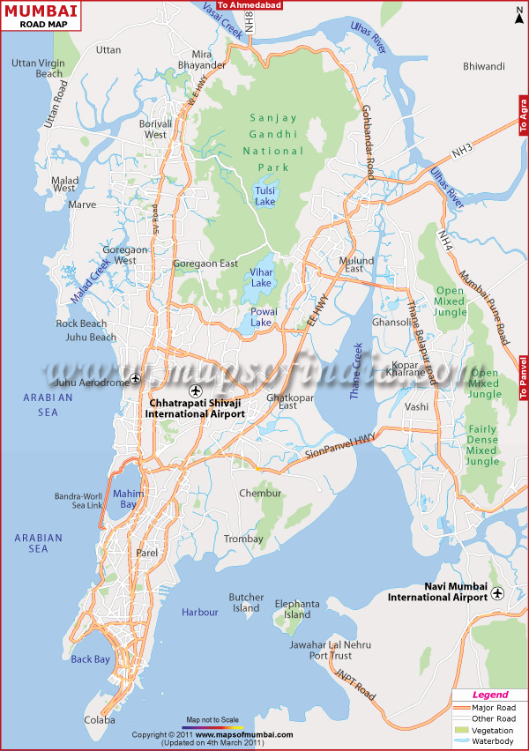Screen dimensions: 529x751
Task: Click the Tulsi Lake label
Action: click(264, 196)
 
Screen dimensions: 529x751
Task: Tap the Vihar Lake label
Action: click(262, 278)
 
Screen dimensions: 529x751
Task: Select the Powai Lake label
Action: click(262, 317)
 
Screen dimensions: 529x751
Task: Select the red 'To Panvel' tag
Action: click(523, 378)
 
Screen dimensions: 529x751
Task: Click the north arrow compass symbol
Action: click(517, 13)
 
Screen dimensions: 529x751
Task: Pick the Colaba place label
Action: click(100, 720)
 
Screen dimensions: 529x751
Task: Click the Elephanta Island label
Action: click(291, 609)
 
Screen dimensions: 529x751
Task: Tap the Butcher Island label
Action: click(246, 602)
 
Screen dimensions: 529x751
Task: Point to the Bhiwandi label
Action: click(484, 66)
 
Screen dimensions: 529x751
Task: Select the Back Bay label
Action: click(91, 659)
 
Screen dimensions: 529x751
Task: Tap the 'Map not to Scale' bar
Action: click(212, 725)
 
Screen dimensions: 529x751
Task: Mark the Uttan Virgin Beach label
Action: click(37, 68)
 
